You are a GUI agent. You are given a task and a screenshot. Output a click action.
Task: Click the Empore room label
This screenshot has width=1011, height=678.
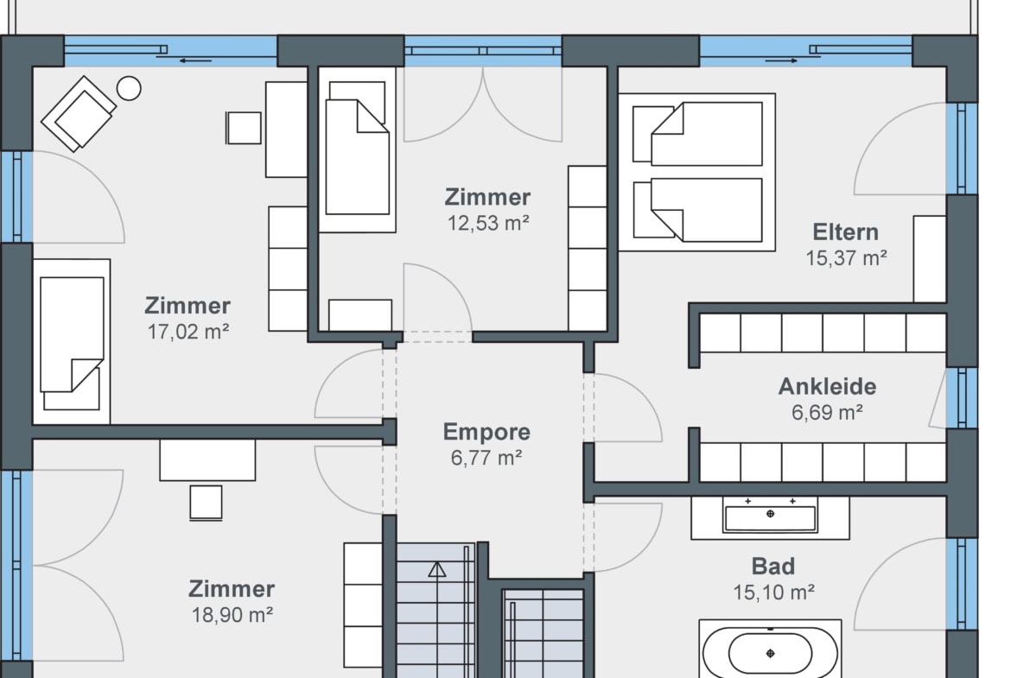[x=486, y=432]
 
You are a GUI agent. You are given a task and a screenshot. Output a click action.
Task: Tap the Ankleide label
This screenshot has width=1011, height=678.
[x=827, y=387]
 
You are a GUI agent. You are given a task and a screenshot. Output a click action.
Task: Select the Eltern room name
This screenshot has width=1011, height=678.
[x=845, y=232]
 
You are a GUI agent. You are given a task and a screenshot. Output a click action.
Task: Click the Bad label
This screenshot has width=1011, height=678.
[x=773, y=567]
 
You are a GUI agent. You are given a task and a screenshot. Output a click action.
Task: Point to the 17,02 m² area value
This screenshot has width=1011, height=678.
[x=188, y=332]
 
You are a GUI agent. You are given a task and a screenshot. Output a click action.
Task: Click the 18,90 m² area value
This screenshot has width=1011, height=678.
[x=232, y=615]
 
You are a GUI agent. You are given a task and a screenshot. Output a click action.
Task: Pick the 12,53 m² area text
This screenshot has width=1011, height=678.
[x=488, y=223]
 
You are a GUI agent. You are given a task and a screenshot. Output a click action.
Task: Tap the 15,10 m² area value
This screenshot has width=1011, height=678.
[x=773, y=592]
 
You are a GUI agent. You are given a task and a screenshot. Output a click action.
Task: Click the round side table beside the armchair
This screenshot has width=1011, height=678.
[x=129, y=88]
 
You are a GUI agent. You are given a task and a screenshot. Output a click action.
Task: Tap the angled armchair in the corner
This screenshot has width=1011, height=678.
[x=79, y=114]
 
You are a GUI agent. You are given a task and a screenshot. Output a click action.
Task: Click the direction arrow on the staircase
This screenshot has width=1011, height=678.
[x=437, y=570]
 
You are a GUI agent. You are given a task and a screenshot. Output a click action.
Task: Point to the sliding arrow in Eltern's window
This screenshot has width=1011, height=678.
[x=781, y=61]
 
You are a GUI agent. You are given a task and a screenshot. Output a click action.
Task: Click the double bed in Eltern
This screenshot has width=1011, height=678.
[x=697, y=172]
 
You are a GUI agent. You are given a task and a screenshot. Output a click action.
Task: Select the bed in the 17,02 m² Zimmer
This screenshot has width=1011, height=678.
[x=72, y=341]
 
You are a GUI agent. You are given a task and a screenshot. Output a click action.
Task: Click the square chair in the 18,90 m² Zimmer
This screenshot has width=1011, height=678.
[x=207, y=503]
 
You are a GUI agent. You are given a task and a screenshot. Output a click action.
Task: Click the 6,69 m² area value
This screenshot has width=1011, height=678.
[x=827, y=413]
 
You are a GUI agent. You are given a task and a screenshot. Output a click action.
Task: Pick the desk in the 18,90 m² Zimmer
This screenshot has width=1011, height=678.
[x=207, y=460]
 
